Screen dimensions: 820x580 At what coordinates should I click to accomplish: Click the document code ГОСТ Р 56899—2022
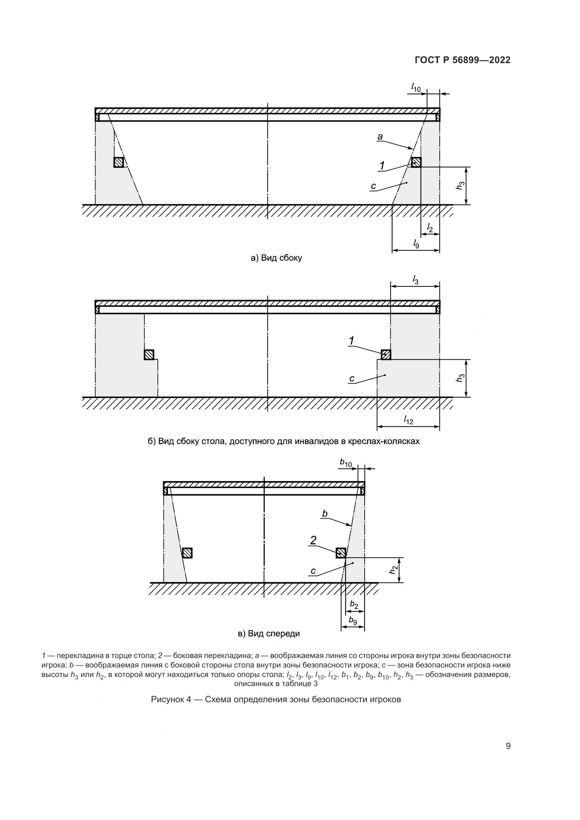tap(463, 60)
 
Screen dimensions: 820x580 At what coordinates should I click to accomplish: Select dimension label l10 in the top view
tap(416, 87)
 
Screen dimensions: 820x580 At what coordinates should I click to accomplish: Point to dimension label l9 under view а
tap(416, 244)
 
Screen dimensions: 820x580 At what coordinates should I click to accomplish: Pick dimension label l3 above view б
tap(415, 280)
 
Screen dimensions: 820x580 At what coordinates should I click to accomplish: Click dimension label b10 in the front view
tap(346, 463)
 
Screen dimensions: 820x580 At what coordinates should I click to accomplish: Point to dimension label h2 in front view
tap(393, 570)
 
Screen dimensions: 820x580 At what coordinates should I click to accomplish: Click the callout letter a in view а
tap(380, 136)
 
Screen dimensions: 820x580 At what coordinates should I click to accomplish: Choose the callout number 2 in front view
tap(313, 540)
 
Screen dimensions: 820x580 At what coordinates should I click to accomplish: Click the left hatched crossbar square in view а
tap(119, 163)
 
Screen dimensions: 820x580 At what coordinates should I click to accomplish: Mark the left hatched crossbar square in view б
tap(149, 355)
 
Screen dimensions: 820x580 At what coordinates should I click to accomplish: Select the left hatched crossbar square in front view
tap(187, 553)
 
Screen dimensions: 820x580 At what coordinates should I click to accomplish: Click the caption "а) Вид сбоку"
tap(276, 258)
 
